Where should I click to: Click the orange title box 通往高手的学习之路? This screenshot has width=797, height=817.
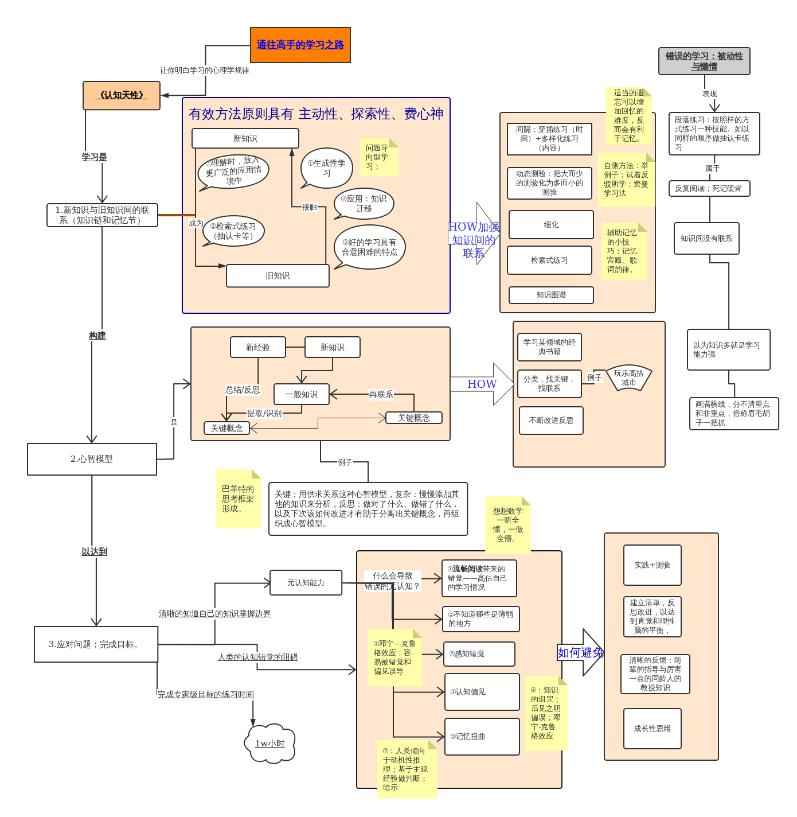click(x=300, y=45)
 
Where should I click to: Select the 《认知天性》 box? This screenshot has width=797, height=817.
click(x=121, y=95)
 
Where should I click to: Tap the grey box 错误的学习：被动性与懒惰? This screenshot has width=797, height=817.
click(x=704, y=61)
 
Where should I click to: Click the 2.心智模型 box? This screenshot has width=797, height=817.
click(x=92, y=459)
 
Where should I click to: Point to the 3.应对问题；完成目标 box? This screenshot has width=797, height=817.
click(x=96, y=644)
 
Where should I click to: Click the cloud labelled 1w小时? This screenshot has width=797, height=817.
click(x=270, y=744)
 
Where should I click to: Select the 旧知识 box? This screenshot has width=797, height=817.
click(x=278, y=276)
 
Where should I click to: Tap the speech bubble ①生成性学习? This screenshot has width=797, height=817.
click(x=326, y=168)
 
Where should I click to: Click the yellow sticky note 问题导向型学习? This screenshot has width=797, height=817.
click(x=378, y=157)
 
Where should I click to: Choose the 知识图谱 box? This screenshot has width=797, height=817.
click(x=551, y=295)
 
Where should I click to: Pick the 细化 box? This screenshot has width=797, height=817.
click(x=551, y=225)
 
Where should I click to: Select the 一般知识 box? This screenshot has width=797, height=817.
click(x=302, y=394)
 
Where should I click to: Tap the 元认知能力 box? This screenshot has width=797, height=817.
click(x=306, y=583)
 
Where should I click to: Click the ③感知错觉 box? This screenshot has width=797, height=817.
click(x=479, y=654)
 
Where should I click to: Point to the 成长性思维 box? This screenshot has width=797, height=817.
click(x=652, y=729)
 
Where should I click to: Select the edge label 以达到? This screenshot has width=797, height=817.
click(x=94, y=551)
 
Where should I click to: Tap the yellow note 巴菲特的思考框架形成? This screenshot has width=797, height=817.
click(x=238, y=499)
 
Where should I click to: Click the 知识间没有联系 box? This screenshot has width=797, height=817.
click(x=706, y=239)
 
